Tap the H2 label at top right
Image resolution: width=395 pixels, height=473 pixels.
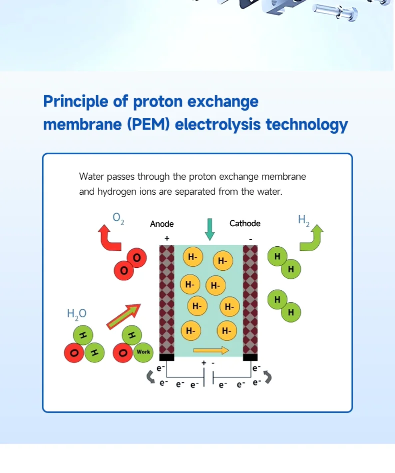(303, 220)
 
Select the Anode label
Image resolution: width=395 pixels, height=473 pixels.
(162, 224)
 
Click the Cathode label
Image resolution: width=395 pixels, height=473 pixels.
(245, 223)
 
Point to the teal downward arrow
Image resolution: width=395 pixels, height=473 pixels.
(210, 229)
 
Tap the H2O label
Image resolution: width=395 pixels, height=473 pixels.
(76, 314)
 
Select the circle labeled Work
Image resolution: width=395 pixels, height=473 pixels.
(143, 352)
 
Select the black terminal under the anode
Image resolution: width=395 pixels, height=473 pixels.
(166, 357)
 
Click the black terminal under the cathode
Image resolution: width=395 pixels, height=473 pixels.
(250, 357)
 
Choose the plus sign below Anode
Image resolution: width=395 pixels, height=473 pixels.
(166, 238)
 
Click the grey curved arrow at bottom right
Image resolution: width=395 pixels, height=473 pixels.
(267, 377)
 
